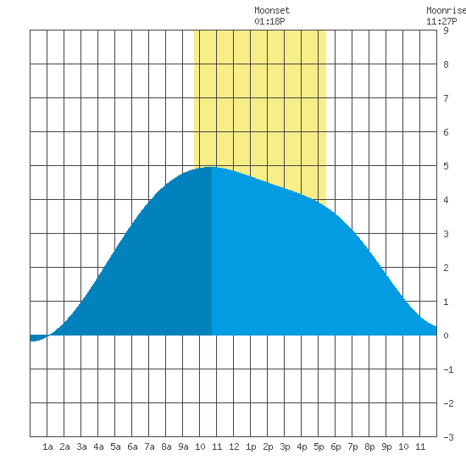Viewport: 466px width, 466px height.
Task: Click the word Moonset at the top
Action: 272,10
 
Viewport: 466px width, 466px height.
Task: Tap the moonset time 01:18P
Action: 269,21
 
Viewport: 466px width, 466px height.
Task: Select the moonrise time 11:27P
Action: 441,21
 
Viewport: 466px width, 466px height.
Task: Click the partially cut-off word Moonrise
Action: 446,10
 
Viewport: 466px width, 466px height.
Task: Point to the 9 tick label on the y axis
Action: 446,31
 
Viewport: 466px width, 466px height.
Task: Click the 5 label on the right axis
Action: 446,166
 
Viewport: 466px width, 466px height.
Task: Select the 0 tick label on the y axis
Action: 446,336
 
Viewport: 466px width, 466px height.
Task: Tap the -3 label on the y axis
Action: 448,437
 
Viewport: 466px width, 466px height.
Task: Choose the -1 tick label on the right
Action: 448,369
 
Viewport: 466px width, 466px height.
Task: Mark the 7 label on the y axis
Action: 446,98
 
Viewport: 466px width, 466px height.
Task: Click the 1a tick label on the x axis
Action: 47,447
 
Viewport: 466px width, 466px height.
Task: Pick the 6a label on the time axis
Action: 132,447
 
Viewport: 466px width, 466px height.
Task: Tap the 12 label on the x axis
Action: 234,447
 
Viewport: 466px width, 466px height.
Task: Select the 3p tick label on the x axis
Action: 285,447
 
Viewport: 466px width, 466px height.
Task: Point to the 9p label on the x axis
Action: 386,447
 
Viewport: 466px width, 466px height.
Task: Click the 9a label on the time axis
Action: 183,447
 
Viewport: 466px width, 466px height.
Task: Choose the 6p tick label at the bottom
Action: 336,447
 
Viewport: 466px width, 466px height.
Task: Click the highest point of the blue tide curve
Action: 212,167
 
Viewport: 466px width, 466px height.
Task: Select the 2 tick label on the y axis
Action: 446,268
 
